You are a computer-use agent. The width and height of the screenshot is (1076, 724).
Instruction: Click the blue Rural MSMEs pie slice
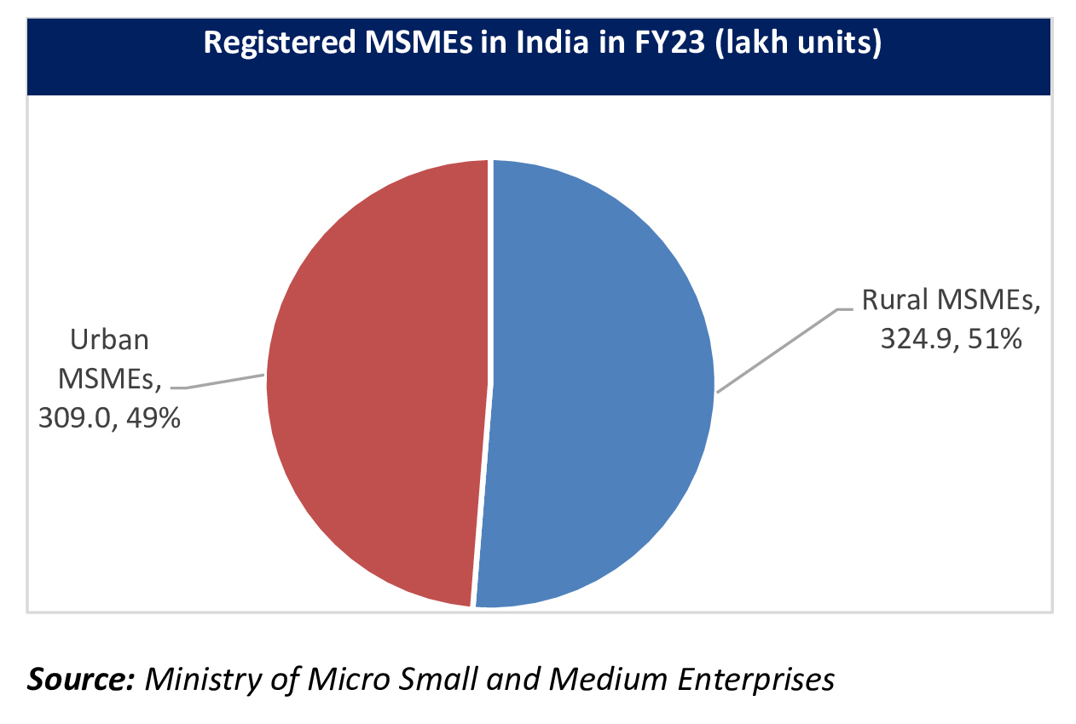click(597, 383)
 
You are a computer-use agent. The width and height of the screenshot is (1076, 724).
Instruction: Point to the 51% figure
click(995, 340)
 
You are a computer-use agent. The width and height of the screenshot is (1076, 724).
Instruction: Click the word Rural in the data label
click(895, 302)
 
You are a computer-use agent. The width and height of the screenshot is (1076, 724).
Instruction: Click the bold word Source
click(79, 679)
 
